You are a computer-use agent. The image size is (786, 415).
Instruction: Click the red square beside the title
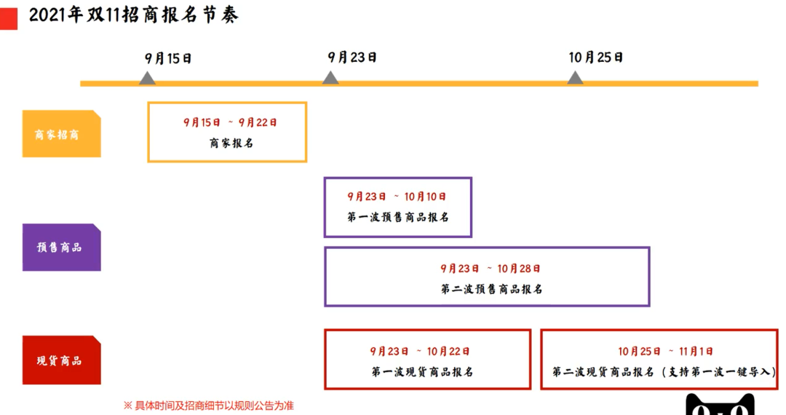pyautogui.click(x=9, y=18)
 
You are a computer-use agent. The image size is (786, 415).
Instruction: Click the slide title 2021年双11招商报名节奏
pyautogui.click(x=133, y=15)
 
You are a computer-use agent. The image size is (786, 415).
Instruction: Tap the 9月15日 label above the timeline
pyautogui.click(x=168, y=59)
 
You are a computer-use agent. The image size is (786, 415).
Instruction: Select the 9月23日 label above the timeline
pyautogui.click(x=352, y=58)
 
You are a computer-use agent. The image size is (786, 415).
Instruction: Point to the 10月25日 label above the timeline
pyautogui.click(x=595, y=58)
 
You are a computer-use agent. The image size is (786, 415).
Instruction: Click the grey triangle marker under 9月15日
pyautogui.click(x=147, y=78)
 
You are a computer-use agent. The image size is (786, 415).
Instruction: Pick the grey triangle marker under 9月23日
pyautogui.click(x=330, y=78)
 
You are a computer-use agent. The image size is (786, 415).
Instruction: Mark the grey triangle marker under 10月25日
pyautogui.click(x=575, y=78)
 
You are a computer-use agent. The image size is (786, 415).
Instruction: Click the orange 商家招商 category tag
pyautogui.click(x=62, y=134)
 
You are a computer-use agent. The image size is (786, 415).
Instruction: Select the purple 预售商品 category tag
pyautogui.click(x=62, y=248)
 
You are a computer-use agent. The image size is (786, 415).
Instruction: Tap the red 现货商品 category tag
pyautogui.click(x=62, y=360)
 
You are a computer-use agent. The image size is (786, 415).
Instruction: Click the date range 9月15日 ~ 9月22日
pyautogui.click(x=230, y=122)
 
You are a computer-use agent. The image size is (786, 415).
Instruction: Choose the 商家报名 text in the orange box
pyautogui.click(x=231, y=143)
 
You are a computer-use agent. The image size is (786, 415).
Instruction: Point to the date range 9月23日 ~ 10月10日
pyautogui.click(x=397, y=197)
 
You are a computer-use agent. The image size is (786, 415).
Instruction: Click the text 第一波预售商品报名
pyautogui.click(x=398, y=217)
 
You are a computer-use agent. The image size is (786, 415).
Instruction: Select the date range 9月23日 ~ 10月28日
pyautogui.click(x=491, y=269)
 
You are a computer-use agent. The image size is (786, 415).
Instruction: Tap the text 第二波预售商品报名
pyautogui.click(x=492, y=289)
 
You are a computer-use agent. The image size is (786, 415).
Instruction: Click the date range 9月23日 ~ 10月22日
pyautogui.click(x=420, y=352)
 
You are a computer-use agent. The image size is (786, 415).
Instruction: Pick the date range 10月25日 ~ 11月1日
pyautogui.click(x=665, y=352)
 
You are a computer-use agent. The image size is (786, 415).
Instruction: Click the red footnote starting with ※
pyautogui.click(x=209, y=406)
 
